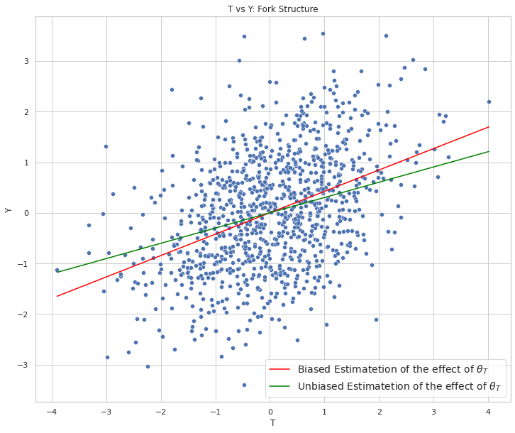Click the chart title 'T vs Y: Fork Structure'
pos(273,9)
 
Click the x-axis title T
pos(273,423)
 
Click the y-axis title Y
pos(9,209)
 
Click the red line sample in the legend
pos(282,370)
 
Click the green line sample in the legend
pos(282,388)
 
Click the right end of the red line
pos(489,127)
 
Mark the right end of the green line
pos(489,151)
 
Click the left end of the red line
pos(57,296)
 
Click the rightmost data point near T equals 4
pos(489,102)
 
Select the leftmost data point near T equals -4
pos(57,270)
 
